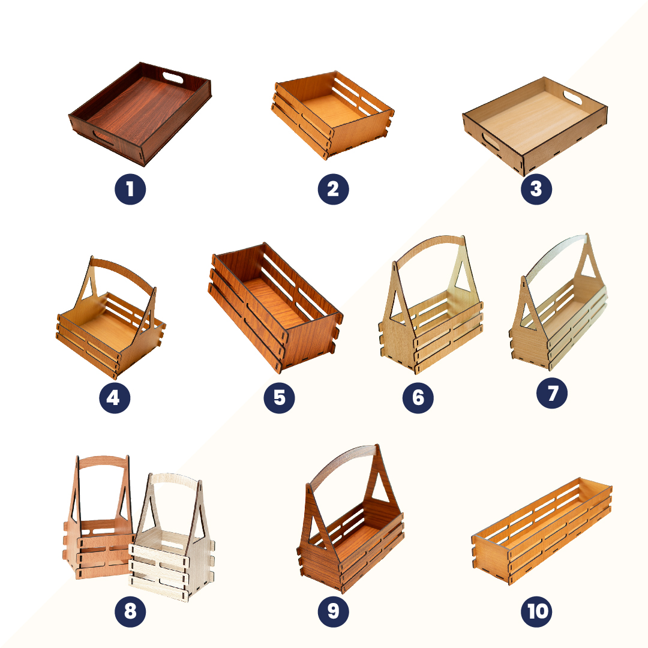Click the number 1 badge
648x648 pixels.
[130, 190]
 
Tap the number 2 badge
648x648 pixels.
[333, 190]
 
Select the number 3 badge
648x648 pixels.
[536, 190]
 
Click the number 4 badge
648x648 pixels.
[113, 398]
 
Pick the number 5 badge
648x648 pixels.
[279, 398]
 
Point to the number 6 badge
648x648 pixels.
[418, 398]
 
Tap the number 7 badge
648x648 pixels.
[553, 394]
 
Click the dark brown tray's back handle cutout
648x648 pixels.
[173, 78]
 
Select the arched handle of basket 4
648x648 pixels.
[123, 269]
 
